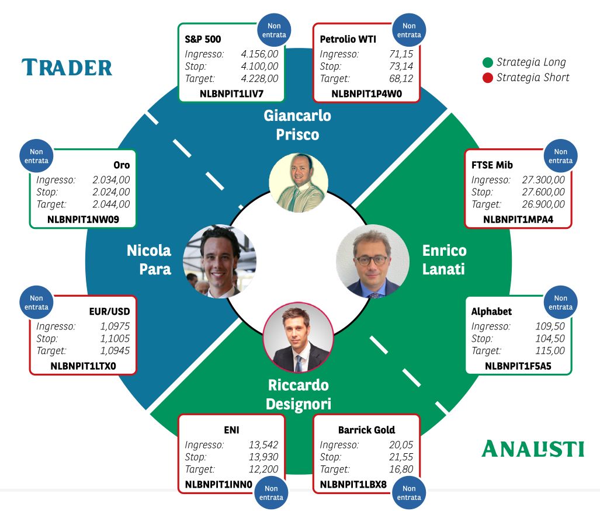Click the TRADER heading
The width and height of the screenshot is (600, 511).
[67, 67]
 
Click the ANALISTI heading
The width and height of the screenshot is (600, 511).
[533, 449]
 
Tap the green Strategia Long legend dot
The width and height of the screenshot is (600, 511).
[487, 62]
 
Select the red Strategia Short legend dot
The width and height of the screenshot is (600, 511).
[487, 78]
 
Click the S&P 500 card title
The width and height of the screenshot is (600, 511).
[203, 39]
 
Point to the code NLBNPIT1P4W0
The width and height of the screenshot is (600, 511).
[366, 93]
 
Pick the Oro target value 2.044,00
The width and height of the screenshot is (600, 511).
[111, 204]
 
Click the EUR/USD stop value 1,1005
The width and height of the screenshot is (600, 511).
[115, 339]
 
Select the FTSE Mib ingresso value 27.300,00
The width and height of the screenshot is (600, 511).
[543, 180]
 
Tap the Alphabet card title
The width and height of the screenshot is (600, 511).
[491, 311]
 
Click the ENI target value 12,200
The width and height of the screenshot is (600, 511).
[263, 469]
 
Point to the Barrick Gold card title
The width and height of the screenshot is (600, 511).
[366, 430]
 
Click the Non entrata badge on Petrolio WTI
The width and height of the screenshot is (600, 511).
[409, 30]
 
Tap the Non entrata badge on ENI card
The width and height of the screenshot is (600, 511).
[271, 493]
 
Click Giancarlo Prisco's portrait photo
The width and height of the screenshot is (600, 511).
[299, 183]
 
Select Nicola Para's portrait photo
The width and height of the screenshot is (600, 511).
[220, 261]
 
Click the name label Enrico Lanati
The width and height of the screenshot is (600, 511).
[444, 260]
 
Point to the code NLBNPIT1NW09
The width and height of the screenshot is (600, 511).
[83, 220]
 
